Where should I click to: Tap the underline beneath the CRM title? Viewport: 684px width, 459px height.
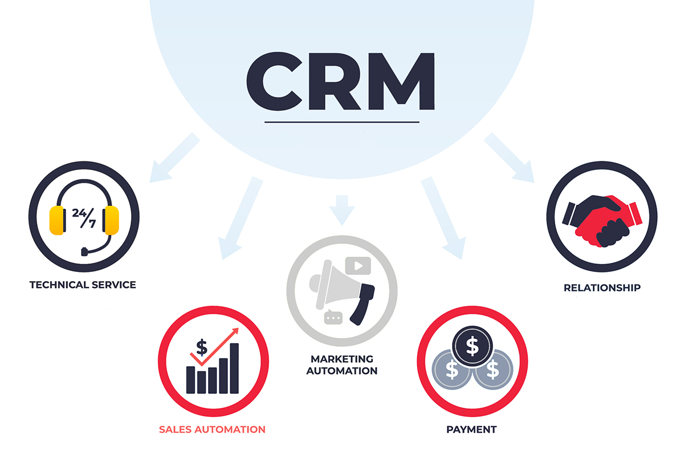[x=341, y=121]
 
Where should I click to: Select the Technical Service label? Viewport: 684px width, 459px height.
[x=83, y=285]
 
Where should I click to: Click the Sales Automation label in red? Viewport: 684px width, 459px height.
[x=212, y=429]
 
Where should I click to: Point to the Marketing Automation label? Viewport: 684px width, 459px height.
[x=342, y=365]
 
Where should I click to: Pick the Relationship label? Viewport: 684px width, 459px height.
[x=602, y=287]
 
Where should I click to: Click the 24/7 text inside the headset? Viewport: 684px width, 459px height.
[x=84, y=217]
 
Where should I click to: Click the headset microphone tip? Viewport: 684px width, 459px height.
[x=84, y=251]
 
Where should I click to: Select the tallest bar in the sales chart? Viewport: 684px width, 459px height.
[x=234, y=368]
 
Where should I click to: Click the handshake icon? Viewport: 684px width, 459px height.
[x=601, y=221]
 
